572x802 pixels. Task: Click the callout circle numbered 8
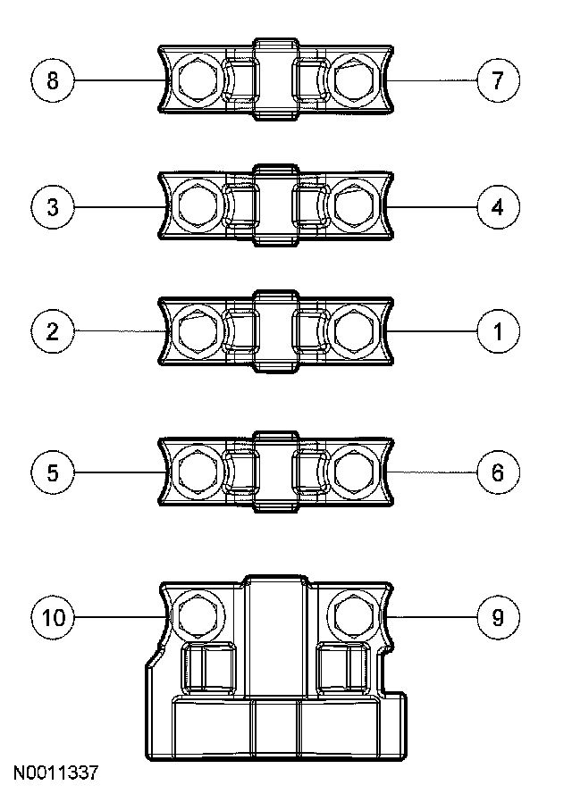[53, 80]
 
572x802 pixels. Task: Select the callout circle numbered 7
[498, 80]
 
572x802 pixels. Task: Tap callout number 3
[53, 207]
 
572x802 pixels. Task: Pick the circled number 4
[498, 207]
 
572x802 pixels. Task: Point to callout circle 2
[53, 331]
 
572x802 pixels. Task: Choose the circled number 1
[498, 331]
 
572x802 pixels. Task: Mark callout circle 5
[53, 472]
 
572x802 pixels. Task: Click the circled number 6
[498, 472]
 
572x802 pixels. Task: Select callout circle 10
[53, 616]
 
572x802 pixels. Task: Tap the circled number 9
[498, 616]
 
